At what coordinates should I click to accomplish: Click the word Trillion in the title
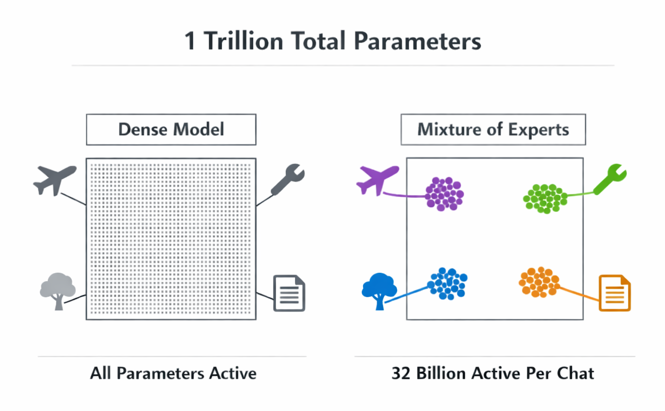(x=244, y=41)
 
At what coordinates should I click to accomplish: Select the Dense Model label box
(x=171, y=129)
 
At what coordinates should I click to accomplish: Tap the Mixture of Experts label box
(x=493, y=129)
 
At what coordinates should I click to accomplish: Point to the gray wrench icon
(x=288, y=179)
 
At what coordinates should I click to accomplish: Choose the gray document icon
(x=289, y=293)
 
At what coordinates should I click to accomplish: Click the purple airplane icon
(x=377, y=180)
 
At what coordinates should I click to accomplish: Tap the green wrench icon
(x=611, y=179)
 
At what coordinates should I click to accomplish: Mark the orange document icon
(x=614, y=293)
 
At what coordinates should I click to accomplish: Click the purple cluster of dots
(x=444, y=194)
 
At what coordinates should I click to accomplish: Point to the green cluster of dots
(x=545, y=199)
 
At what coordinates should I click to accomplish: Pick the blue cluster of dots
(x=448, y=283)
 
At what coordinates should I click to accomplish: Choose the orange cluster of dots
(x=539, y=282)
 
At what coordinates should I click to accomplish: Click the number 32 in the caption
(x=401, y=373)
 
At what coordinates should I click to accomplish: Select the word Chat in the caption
(x=575, y=373)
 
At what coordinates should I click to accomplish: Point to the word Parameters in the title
(x=417, y=41)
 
